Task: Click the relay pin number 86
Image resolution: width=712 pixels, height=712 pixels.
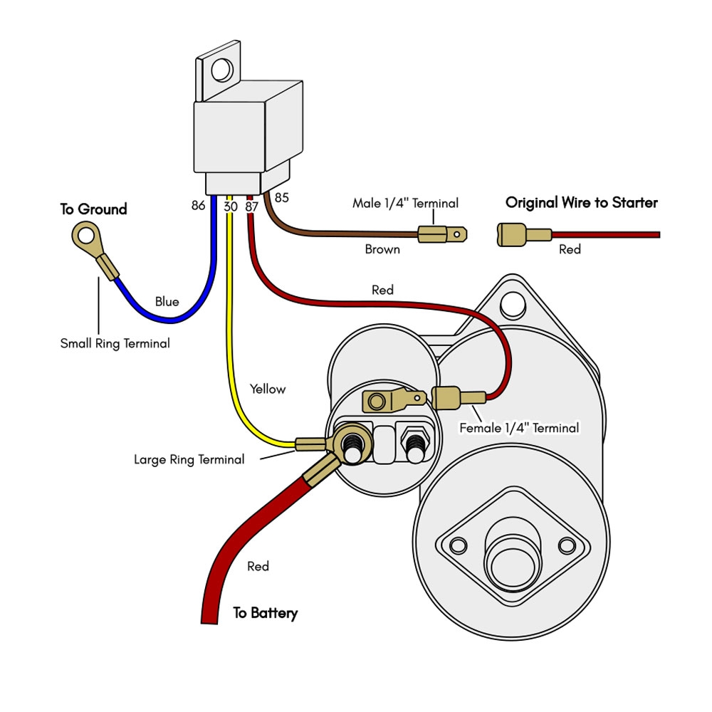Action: coord(198,206)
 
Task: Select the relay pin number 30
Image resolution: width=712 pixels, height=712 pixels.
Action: coord(230,206)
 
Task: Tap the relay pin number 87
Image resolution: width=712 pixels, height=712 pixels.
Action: coord(251,206)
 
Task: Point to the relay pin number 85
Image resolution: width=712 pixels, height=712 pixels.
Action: coord(281,197)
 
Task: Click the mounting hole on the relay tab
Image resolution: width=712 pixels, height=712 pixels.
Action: coord(221,69)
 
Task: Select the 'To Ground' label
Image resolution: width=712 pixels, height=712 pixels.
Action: coord(93,209)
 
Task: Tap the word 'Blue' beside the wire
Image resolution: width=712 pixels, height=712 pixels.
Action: coord(167,302)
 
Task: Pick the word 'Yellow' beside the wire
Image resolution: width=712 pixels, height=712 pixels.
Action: coord(267,389)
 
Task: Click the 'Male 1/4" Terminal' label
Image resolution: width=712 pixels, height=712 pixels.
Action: coord(405,204)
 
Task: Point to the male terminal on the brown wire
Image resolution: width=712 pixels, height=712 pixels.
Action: coord(441,234)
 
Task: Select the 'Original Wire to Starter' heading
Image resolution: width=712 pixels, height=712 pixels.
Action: coord(581,203)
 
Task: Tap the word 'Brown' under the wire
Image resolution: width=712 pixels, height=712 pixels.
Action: coord(382,250)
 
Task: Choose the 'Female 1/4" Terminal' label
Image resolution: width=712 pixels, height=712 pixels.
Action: coord(519,429)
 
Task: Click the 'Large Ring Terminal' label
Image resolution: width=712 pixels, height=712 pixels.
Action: coord(189,460)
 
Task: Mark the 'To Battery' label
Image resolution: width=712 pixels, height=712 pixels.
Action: coord(266,613)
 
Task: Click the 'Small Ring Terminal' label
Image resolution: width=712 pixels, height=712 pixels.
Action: coord(115,344)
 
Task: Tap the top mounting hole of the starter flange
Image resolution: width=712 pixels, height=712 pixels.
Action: coord(509,305)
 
